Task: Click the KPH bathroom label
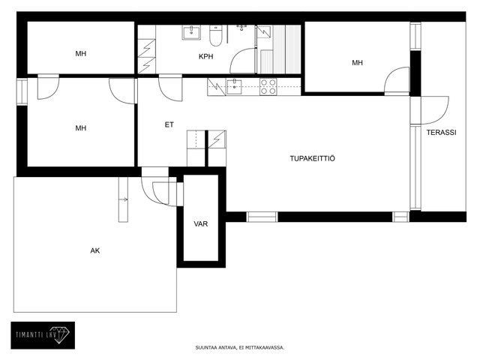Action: click(x=205, y=57)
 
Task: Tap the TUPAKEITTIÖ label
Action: click(x=312, y=158)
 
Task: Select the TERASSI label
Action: click(x=442, y=133)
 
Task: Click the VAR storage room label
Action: click(x=201, y=223)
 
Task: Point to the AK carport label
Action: click(x=95, y=250)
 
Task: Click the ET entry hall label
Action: click(x=169, y=125)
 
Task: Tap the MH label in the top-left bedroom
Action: click(x=81, y=54)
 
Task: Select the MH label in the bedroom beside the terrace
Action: click(x=357, y=63)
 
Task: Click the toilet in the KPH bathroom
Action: click(x=215, y=35)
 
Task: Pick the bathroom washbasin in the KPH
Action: click(x=192, y=33)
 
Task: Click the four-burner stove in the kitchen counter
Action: click(x=268, y=87)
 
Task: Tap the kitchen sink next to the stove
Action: click(x=234, y=87)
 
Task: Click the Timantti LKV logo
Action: click(x=43, y=335)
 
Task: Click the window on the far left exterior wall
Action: click(x=22, y=91)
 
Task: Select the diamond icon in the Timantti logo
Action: click(x=61, y=334)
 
